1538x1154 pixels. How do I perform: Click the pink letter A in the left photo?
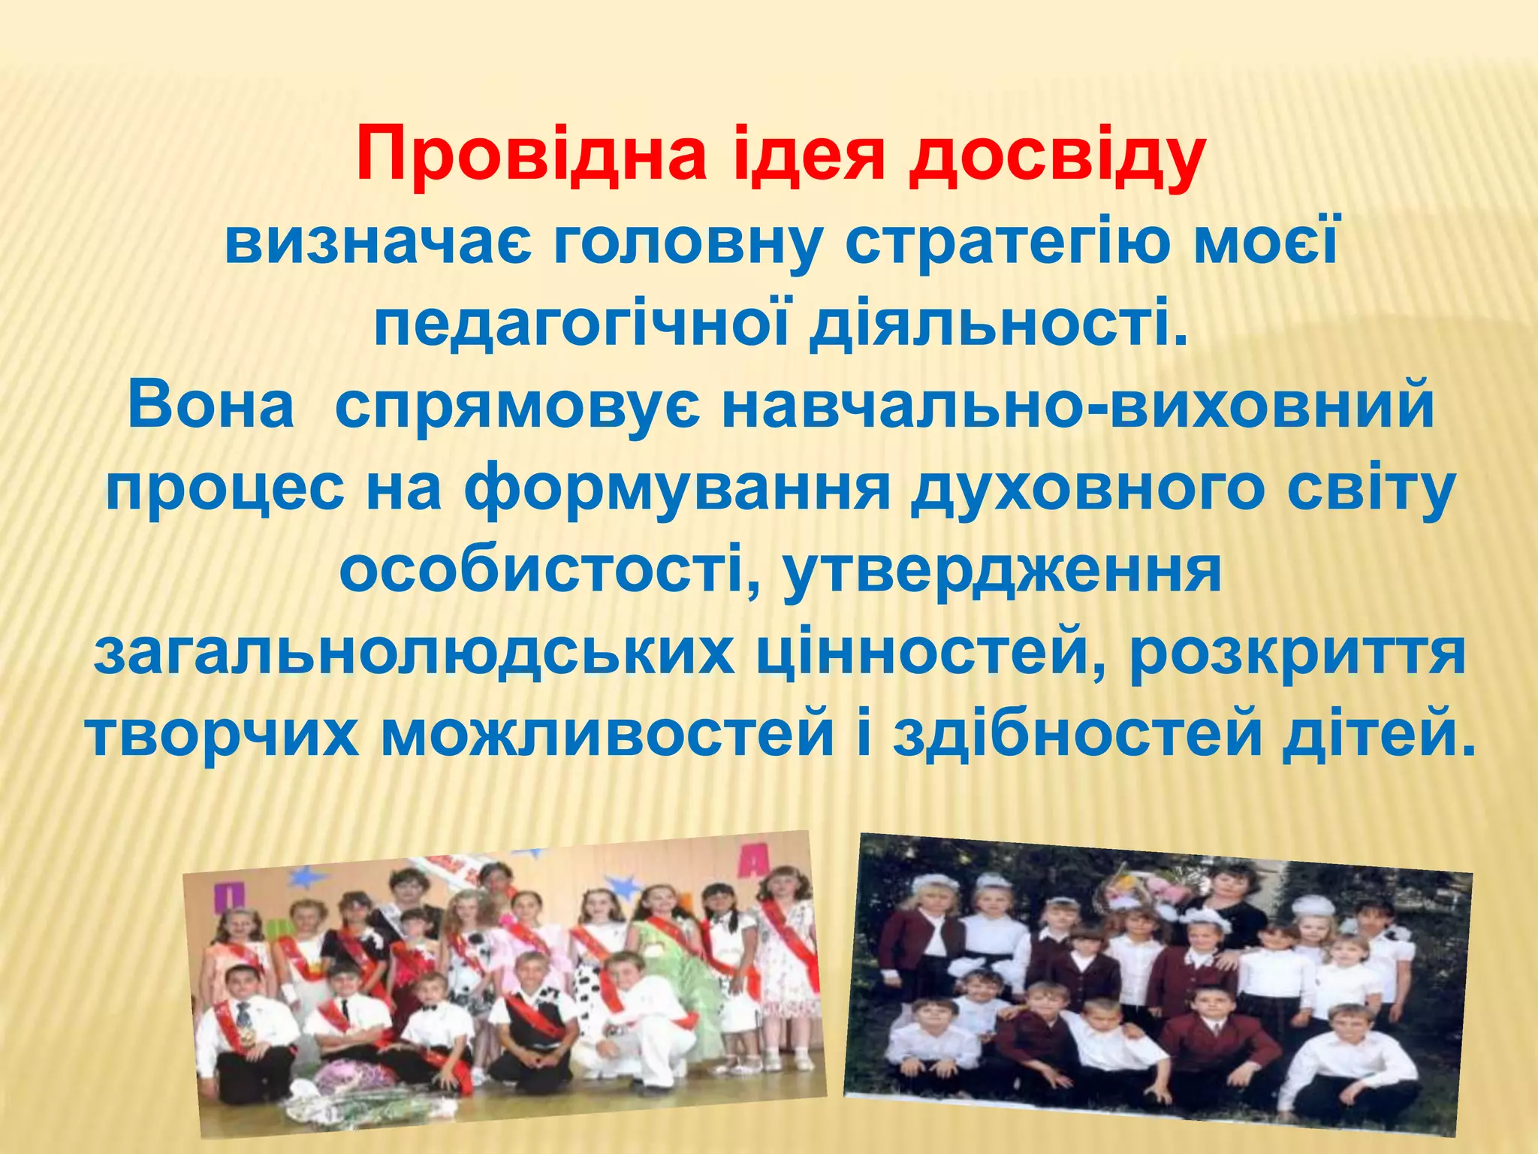point(749,861)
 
